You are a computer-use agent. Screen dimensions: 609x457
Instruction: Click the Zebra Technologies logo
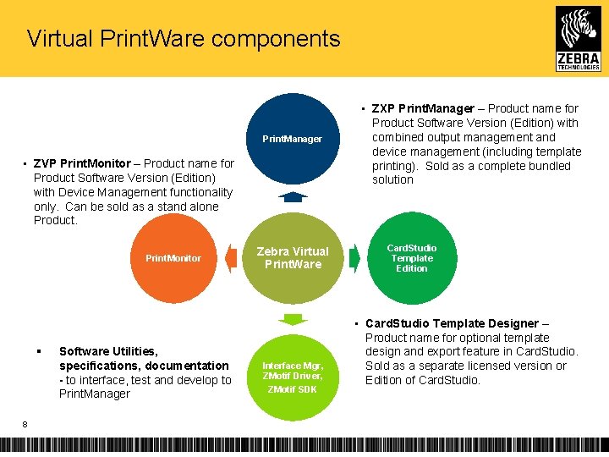579,38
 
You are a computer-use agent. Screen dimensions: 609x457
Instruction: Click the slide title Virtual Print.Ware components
183,39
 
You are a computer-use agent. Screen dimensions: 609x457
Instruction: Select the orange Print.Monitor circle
173,258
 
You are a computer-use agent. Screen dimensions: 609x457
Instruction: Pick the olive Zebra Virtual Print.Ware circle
292,258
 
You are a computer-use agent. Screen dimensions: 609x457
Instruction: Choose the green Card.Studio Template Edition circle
411,258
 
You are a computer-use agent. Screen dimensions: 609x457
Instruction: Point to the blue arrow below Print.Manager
292,197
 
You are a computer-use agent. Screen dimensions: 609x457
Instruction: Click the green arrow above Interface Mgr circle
292,319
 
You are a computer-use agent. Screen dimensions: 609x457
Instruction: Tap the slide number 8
26,425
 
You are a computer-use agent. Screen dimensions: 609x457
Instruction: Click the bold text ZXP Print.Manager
423,108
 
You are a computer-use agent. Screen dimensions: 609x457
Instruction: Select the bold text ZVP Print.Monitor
82,163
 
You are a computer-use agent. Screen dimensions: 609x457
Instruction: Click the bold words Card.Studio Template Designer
452,323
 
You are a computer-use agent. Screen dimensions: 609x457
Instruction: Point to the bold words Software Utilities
108,351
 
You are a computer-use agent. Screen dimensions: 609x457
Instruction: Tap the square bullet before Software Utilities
39,351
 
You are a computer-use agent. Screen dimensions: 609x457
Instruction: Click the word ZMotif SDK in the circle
292,389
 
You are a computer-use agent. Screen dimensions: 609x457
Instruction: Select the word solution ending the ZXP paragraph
392,180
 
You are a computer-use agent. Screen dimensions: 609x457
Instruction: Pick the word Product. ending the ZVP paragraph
56,221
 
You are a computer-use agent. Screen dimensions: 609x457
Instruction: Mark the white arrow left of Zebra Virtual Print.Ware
233,258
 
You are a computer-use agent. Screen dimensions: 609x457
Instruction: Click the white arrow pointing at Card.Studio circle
354,258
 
